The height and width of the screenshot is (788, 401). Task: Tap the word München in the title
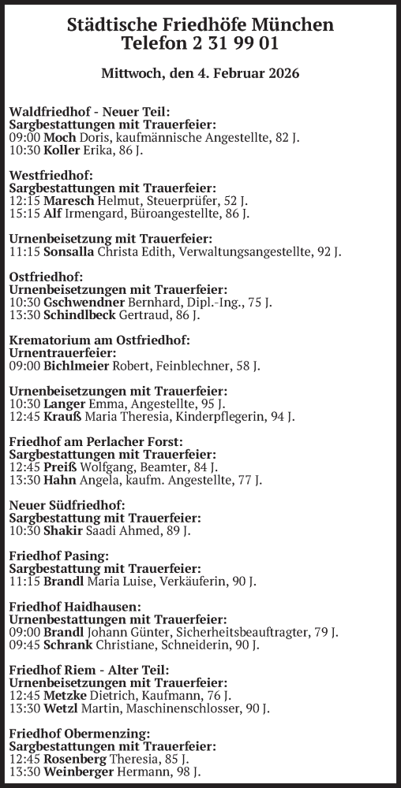click(x=291, y=25)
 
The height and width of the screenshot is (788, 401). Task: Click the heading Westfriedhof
click(x=51, y=175)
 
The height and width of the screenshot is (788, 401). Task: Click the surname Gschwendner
click(x=84, y=303)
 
